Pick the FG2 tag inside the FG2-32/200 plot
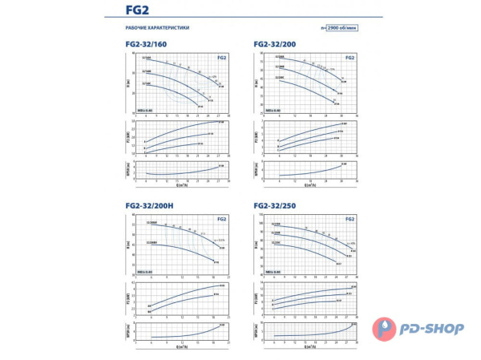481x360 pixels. pos(350,58)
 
